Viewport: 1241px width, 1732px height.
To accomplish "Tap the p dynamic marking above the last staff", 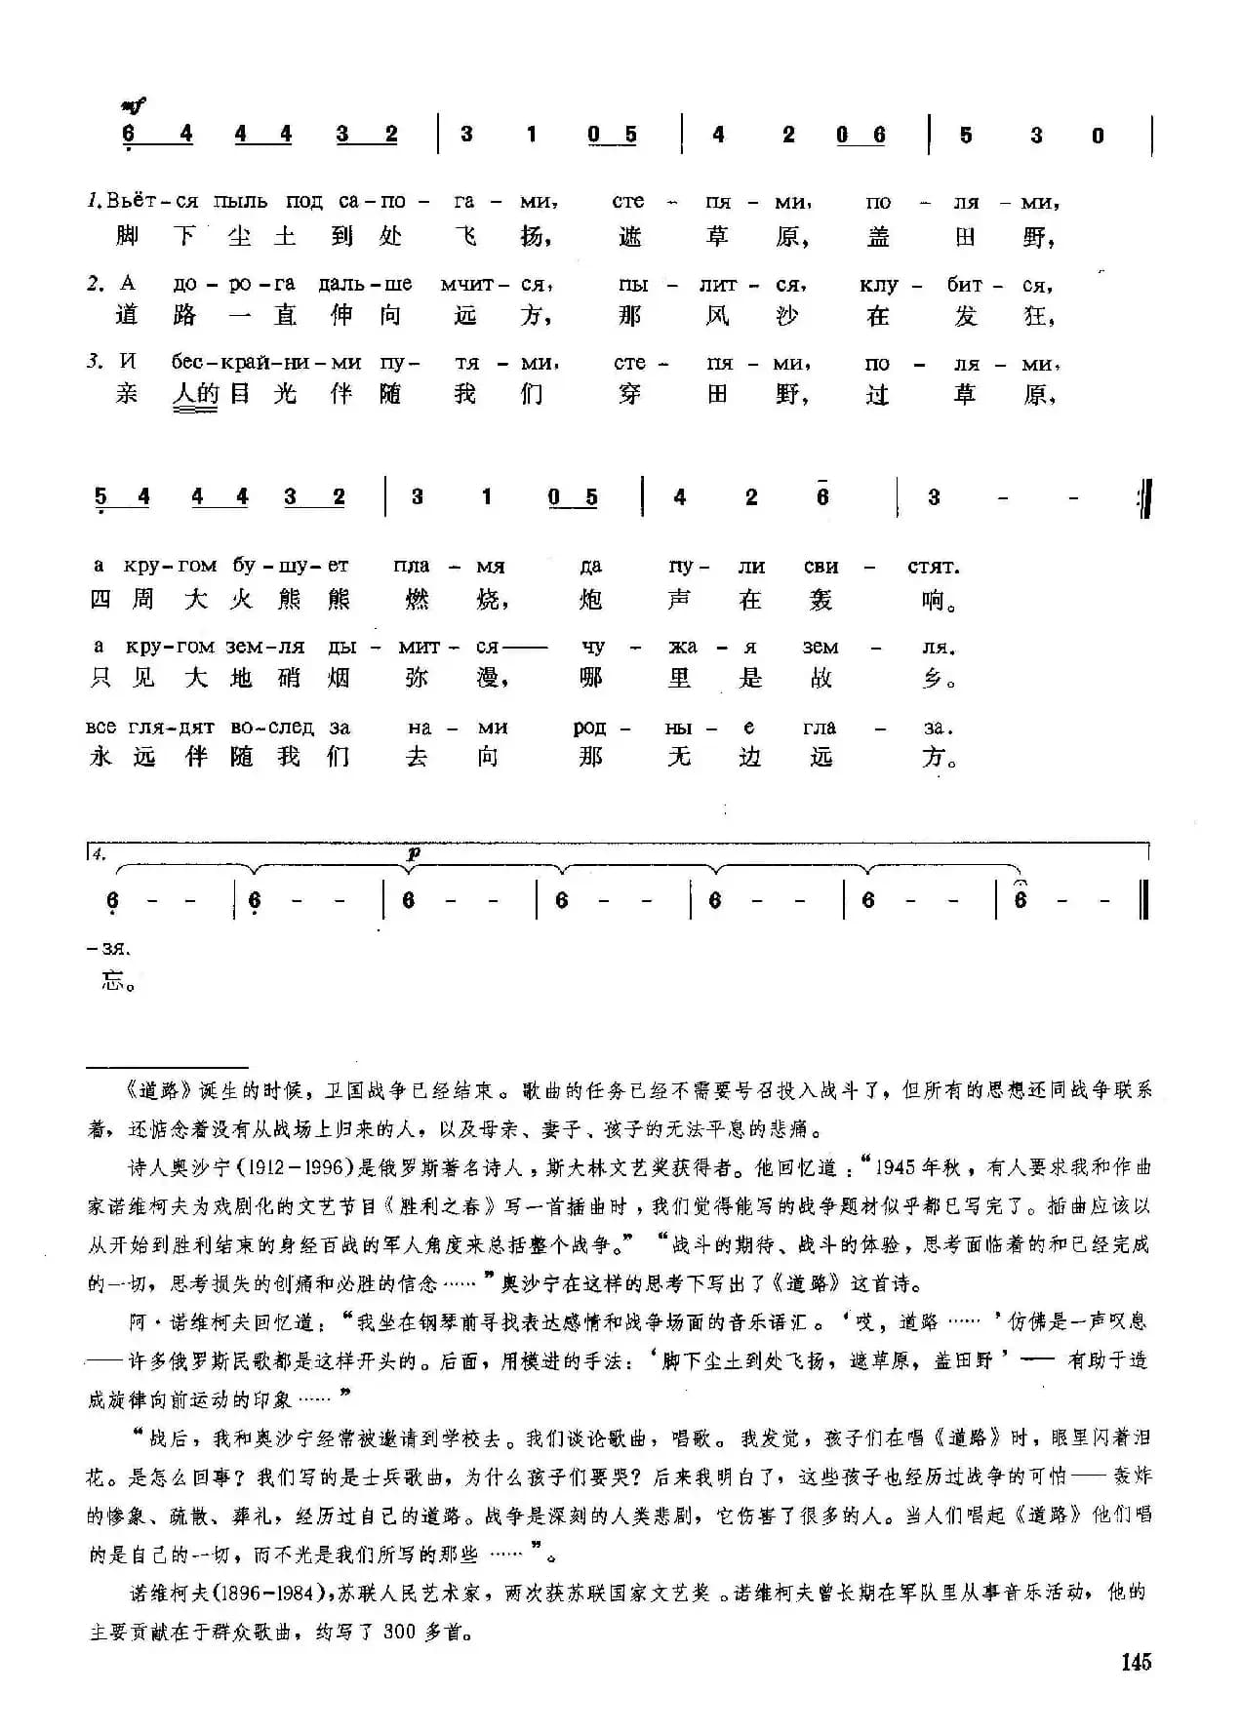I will click(414, 852).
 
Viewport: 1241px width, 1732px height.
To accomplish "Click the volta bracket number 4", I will click(99, 853).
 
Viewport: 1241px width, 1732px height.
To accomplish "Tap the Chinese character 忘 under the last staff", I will click(114, 980).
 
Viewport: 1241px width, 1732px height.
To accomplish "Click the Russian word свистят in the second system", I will click(882, 566).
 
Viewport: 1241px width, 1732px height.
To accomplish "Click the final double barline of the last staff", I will click(1143, 900).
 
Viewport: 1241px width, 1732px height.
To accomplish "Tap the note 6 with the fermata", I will click(1021, 900).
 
